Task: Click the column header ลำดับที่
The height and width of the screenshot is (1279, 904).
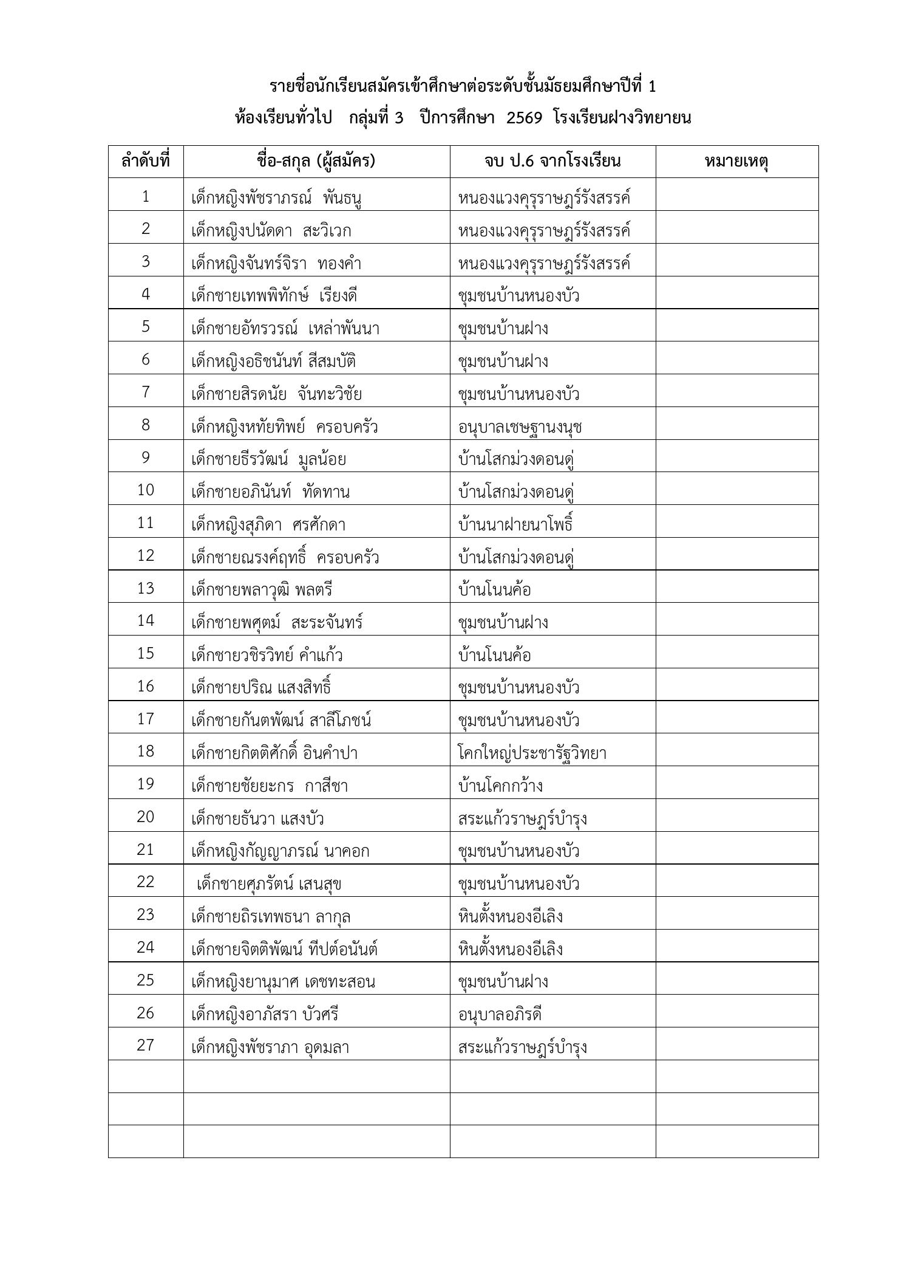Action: click(146, 162)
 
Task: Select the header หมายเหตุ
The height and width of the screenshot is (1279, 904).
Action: click(736, 162)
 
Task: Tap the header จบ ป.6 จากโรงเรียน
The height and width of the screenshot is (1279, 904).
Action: click(552, 162)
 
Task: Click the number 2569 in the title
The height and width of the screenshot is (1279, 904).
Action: click(524, 118)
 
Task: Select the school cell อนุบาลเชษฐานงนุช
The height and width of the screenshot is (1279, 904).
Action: click(520, 427)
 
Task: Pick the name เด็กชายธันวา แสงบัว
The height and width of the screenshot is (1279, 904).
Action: click(257, 818)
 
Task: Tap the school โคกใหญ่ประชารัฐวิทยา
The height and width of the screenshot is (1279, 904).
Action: click(532, 753)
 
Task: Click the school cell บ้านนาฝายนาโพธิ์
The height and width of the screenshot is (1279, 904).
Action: click(515, 524)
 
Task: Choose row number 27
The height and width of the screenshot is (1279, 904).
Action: click(146, 1045)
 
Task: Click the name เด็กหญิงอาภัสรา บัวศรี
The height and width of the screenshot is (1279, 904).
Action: click(265, 1014)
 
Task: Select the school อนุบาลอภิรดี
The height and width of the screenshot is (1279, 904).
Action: click(500, 1014)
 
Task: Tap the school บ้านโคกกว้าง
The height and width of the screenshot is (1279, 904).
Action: click(500, 786)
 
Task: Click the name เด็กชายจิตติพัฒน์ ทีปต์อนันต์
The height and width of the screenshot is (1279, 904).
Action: click(284, 948)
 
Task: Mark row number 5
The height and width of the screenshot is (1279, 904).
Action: click(146, 327)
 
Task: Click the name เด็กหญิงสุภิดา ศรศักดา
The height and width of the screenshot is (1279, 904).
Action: click(268, 524)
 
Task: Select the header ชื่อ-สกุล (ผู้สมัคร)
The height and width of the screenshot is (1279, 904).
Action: click(316, 162)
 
